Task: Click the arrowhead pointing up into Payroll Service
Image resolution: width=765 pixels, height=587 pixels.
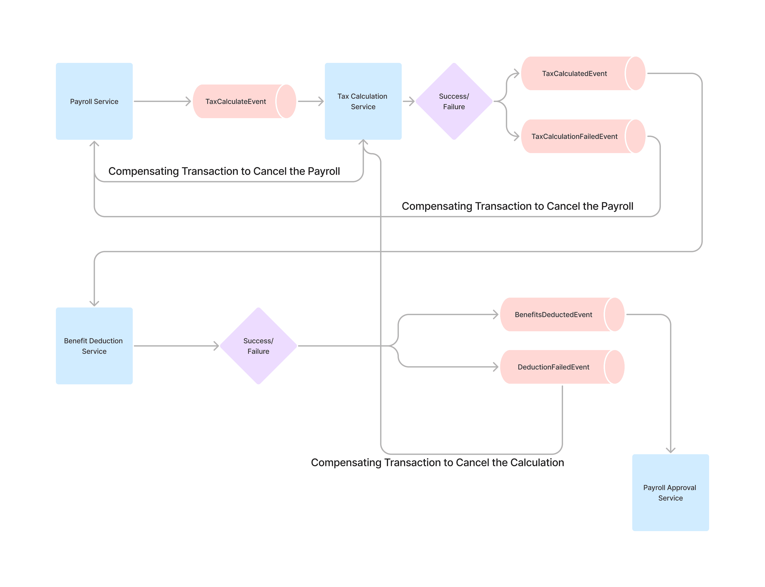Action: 94,144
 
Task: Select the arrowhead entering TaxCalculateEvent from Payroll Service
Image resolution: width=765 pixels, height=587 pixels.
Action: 188,101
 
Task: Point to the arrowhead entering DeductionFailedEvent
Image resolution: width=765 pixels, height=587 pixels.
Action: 496,367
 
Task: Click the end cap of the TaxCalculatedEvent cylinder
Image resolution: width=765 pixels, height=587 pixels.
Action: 635,73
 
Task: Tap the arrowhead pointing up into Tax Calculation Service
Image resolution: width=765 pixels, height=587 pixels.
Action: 363,142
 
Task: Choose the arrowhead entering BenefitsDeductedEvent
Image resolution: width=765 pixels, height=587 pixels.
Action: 496,314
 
